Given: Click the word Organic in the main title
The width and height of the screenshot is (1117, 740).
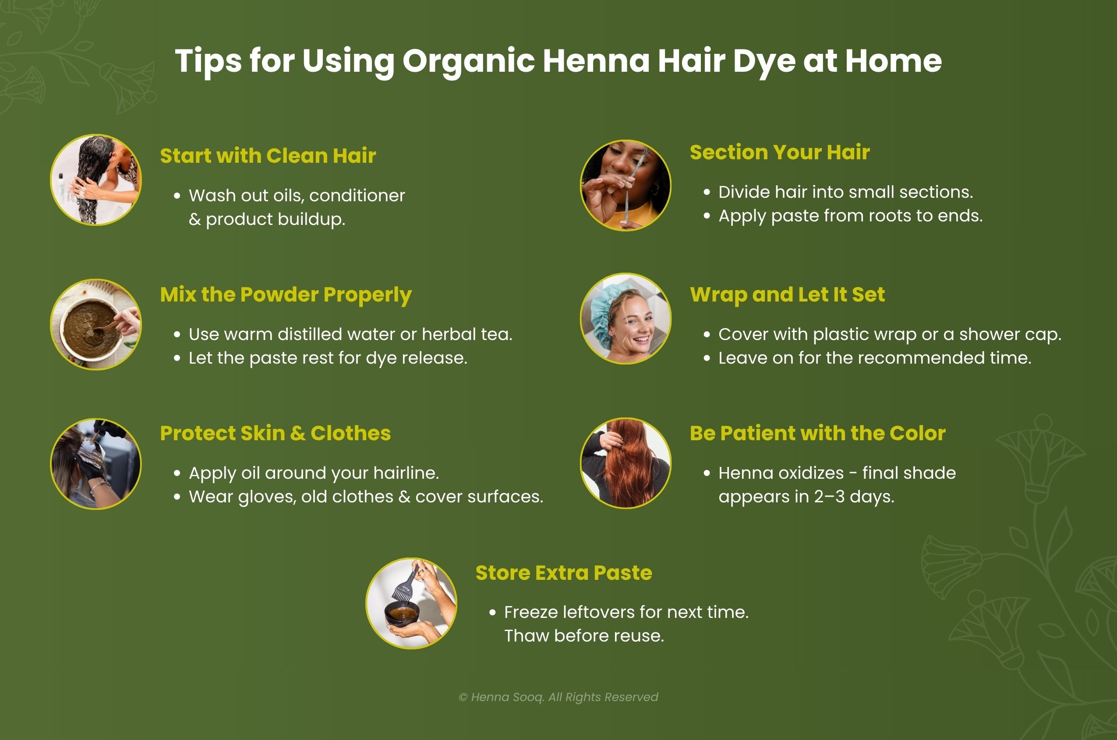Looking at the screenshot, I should [x=468, y=61].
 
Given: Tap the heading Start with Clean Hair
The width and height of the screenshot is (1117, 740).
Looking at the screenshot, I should [x=268, y=156].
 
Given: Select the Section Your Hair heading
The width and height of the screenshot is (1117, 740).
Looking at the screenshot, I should [x=779, y=152].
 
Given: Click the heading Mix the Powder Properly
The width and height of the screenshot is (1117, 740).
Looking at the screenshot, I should [x=286, y=295].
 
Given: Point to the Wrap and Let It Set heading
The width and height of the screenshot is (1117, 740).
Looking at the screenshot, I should [x=787, y=295].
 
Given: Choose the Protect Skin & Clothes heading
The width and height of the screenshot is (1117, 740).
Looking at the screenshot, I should [x=276, y=433].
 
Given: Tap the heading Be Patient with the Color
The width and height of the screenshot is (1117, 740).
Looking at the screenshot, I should [x=817, y=433].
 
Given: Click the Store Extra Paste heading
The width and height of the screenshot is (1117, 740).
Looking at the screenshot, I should [x=563, y=572].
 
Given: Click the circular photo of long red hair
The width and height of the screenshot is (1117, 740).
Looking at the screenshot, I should [x=626, y=463].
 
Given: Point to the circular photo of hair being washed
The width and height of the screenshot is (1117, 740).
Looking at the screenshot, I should [x=96, y=180].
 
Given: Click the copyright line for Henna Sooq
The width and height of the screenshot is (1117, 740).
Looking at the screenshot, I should [x=558, y=697].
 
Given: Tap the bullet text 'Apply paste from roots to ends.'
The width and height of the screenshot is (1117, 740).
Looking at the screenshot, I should [x=850, y=216].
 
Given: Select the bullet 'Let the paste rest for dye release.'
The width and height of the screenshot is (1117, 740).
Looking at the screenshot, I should [x=328, y=358].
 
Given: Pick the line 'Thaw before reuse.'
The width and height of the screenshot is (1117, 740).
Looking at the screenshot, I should [x=584, y=636].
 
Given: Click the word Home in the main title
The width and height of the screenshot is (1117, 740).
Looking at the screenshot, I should [x=893, y=61].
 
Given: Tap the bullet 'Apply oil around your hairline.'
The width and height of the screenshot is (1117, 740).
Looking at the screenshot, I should [x=314, y=473].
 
